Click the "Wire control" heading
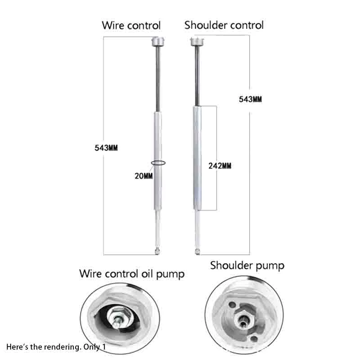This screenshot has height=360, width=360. pos(131,25)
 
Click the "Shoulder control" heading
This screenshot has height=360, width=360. pos(224,25)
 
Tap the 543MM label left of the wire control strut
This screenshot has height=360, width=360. pos(106,148)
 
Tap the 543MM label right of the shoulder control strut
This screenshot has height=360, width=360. pos(250,99)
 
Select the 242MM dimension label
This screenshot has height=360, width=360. pos(220,166)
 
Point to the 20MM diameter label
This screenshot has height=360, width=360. pos(144,175)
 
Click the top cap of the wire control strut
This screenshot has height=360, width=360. pos(158,43)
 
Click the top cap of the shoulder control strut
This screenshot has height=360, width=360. pos(196,42)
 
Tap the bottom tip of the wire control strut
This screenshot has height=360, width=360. pos(157,249)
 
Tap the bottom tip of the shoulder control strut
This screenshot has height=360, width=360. pos(198,249)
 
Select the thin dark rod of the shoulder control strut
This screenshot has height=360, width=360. pos(197,76)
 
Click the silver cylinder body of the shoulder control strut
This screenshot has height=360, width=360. pos(198,157)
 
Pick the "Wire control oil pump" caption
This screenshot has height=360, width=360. pos(132,273)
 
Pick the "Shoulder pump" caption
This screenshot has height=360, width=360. pos(247,265)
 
